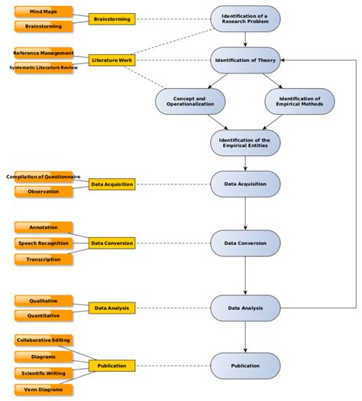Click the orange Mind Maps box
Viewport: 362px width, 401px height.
pyautogui.click(x=43, y=11)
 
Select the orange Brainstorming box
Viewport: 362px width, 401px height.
pyautogui.click(x=43, y=26)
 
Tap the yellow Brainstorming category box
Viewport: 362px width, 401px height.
pyautogui.click(x=112, y=18)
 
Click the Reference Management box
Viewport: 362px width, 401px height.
pyautogui.click(x=43, y=54)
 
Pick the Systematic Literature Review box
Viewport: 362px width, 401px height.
pyautogui.click(x=43, y=67)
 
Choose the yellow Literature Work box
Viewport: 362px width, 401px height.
pyautogui.click(x=112, y=60)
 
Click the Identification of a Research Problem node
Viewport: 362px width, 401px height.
pyautogui.click(x=244, y=18)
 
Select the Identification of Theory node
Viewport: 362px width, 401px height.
pyautogui.click(x=244, y=60)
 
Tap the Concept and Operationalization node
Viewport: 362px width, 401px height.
pyautogui.click(x=190, y=101)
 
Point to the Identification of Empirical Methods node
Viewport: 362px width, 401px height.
pyautogui.click(x=299, y=101)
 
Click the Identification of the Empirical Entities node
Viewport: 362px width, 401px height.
pyautogui.click(x=244, y=142)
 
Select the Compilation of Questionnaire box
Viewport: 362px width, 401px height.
pyautogui.click(x=43, y=177)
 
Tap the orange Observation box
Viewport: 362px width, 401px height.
pyautogui.click(x=43, y=191)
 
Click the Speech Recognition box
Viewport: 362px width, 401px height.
pyautogui.click(x=43, y=243)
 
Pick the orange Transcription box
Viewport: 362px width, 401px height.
pyautogui.click(x=43, y=259)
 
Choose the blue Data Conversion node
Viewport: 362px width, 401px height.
pyautogui.click(x=244, y=243)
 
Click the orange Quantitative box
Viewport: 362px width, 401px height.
pyautogui.click(x=43, y=315)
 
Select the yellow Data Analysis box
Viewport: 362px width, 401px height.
pyautogui.click(x=112, y=308)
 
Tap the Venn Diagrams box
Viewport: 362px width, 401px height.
pyautogui.click(x=43, y=389)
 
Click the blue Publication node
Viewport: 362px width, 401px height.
pyautogui.click(x=244, y=366)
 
